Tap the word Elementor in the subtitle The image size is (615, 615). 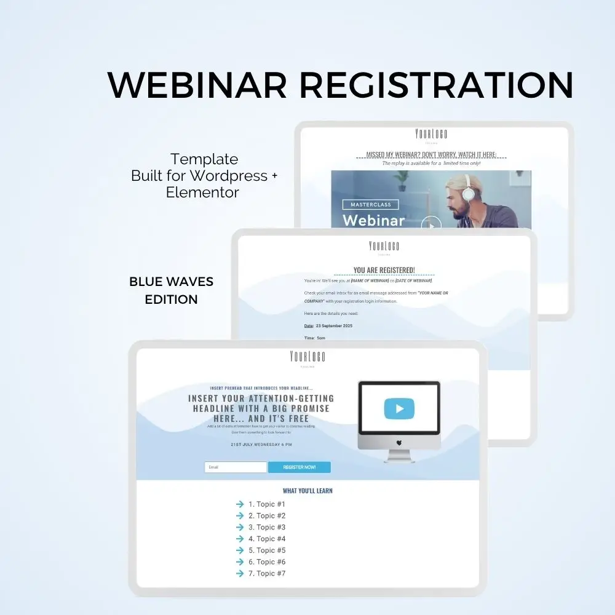point(202,192)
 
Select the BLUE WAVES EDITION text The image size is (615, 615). point(171,290)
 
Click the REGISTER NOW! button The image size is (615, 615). point(300,467)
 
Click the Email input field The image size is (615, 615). point(236,467)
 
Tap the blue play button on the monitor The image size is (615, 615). point(399,408)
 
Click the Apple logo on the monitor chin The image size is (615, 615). point(399,442)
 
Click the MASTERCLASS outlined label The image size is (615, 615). point(370,204)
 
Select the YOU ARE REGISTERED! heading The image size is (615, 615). point(384,270)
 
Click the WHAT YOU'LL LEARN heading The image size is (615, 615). point(307,491)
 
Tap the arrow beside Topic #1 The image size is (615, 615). point(240,504)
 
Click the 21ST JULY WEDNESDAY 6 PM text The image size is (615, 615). point(261,444)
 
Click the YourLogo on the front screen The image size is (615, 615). point(307,357)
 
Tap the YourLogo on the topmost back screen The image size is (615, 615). point(431,134)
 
